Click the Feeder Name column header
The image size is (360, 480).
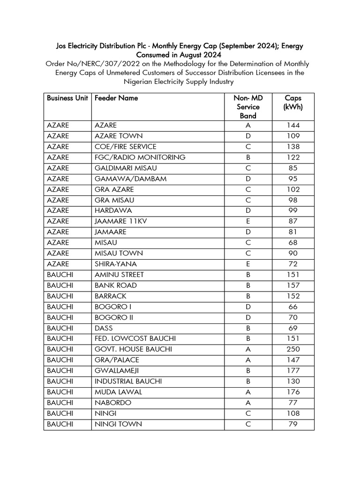pos(116,98)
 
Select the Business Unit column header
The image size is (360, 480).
pos(67,98)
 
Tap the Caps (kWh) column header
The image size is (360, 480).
pos(293,102)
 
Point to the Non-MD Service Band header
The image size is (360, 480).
pos(248,106)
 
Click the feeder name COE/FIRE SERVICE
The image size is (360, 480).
pos(125,147)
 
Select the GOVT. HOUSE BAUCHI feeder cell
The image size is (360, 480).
pos(133,349)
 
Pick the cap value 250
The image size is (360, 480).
pos(293,349)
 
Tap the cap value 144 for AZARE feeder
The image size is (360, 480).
pos(293,125)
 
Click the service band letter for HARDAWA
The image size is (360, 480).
pos(248,210)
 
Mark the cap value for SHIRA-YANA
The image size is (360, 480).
pos(293,264)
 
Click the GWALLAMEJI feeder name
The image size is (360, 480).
pos(117,371)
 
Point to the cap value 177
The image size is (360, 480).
pos(293,371)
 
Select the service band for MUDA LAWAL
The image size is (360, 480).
pos(248,392)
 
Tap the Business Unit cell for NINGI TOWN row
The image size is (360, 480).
pos(60,424)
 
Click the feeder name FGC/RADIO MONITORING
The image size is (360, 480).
pos(140,157)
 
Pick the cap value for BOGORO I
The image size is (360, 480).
pos(293,307)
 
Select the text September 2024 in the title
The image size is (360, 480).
pos(250,46)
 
